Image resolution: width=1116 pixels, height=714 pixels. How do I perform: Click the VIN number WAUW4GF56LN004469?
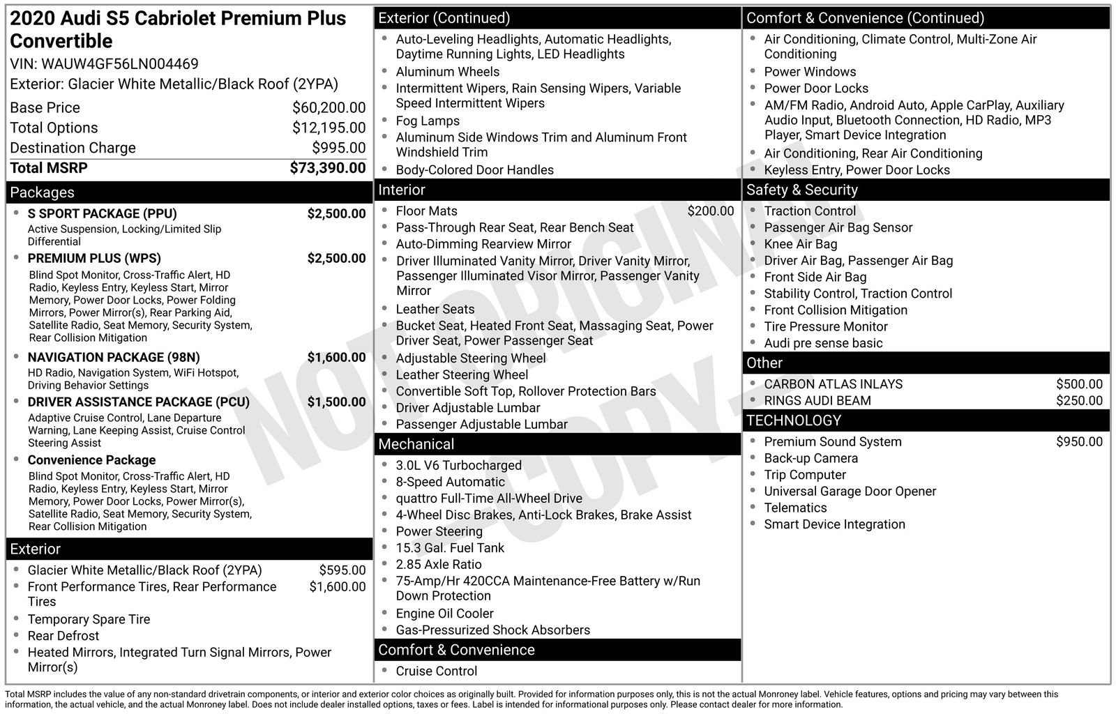(x=120, y=64)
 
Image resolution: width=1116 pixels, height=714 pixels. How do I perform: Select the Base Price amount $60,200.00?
(x=329, y=107)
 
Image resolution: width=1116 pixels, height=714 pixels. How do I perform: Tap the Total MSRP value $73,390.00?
(x=327, y=168)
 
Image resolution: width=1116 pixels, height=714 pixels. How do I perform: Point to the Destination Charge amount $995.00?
(x=338, y=148)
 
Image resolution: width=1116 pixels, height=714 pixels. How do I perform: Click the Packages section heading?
(x=42, y=192)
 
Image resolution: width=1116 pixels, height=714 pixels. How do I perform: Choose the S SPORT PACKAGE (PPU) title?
(x=102, y=213)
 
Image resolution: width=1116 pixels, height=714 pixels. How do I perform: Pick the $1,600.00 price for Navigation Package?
(x=336, y=358)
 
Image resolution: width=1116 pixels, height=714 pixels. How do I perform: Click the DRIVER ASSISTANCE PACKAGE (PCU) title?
(x=138, y=402)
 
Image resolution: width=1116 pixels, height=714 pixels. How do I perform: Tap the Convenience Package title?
(x=91, y=460)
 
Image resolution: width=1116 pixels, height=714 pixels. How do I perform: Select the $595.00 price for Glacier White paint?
(x=342, y=570)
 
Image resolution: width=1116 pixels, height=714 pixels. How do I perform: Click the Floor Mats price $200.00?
(x=710, y=211)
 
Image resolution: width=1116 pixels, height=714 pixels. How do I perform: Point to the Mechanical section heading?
(x=416, y=444)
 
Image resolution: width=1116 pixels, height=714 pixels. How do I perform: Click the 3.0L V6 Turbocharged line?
(x=458, y=466)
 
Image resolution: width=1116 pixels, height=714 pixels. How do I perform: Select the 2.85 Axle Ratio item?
(x=438, y=565)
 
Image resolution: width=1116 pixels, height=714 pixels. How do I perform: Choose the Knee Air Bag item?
(x=800, y=244)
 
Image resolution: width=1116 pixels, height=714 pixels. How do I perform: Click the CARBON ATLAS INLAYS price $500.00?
(x=1078, y=384)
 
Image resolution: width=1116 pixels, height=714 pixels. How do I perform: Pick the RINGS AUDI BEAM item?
(x=817, y=401)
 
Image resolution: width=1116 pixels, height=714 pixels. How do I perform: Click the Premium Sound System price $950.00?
(x=1078, y=442)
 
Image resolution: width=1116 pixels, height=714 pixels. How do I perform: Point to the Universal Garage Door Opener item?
(x=850, y=492)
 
